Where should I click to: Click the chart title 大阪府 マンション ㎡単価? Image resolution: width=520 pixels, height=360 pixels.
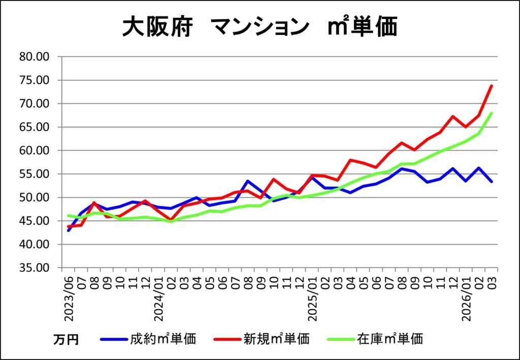click(x=259, y=28)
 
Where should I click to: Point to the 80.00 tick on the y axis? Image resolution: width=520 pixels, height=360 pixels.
click(x=34, y=57)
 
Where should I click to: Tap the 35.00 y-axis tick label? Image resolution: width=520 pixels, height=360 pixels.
click(x=34, y=268)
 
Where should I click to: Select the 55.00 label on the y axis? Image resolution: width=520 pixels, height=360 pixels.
click(x=34, y=174)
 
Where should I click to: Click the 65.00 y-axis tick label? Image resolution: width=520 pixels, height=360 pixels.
click(x=34, y=127)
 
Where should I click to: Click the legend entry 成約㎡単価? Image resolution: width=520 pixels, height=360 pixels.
click(x=163, y=339)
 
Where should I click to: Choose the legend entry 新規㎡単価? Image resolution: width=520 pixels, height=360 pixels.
click(x=276, y=339)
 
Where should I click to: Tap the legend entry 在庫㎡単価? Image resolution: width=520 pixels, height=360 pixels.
click(x=390, y=339)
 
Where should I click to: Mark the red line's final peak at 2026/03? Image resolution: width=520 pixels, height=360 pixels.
click(x=492, y=86)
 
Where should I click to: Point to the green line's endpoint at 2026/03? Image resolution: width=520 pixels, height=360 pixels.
click(x=492, y=113)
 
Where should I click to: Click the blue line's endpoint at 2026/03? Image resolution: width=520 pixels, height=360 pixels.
click(x=492, y=181)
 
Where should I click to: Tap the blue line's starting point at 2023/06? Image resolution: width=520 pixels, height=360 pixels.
click(x=68, y=231)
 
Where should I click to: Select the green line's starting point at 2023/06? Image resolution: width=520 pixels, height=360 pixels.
click(x=68, y=216)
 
